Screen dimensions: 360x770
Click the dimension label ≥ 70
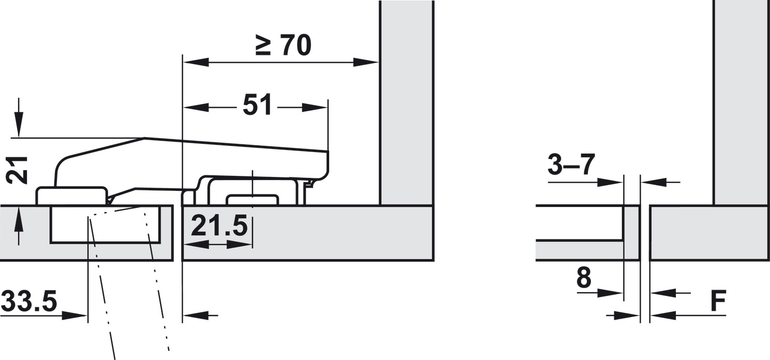point(284,46)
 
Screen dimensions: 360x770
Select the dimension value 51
point(257,106)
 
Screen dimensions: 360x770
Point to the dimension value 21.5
point(219,227)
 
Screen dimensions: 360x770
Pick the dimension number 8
point(583,279)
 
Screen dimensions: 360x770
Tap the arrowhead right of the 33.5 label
point(75,315)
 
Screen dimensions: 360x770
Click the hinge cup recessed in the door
point(111,224)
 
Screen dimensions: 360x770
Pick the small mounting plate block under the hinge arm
point(252,200)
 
